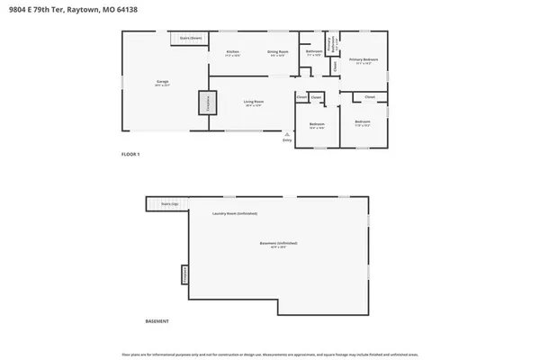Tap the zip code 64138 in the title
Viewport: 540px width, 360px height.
click(129, 10)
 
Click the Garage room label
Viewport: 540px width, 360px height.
click(162, 82)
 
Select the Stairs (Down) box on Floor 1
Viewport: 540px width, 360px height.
click(189, 38)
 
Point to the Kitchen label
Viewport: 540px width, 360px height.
click(232, 53)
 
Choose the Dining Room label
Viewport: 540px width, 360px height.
click(277, 53)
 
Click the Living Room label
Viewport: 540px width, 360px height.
click(253, 102)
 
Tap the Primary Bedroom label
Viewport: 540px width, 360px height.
click(365, 59)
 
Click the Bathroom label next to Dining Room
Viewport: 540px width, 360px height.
click(314, 52)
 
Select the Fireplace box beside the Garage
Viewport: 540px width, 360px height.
click(203, 102)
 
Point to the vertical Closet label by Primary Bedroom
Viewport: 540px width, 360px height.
click(336, 66)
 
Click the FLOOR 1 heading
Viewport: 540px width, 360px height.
click(130, 155)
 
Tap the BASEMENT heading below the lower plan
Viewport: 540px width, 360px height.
click(157, 321)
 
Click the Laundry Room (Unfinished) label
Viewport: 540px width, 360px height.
click(234, 213)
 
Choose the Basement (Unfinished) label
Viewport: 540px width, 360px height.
click(278, 244)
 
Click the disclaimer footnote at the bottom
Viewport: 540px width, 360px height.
click(270, 353)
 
